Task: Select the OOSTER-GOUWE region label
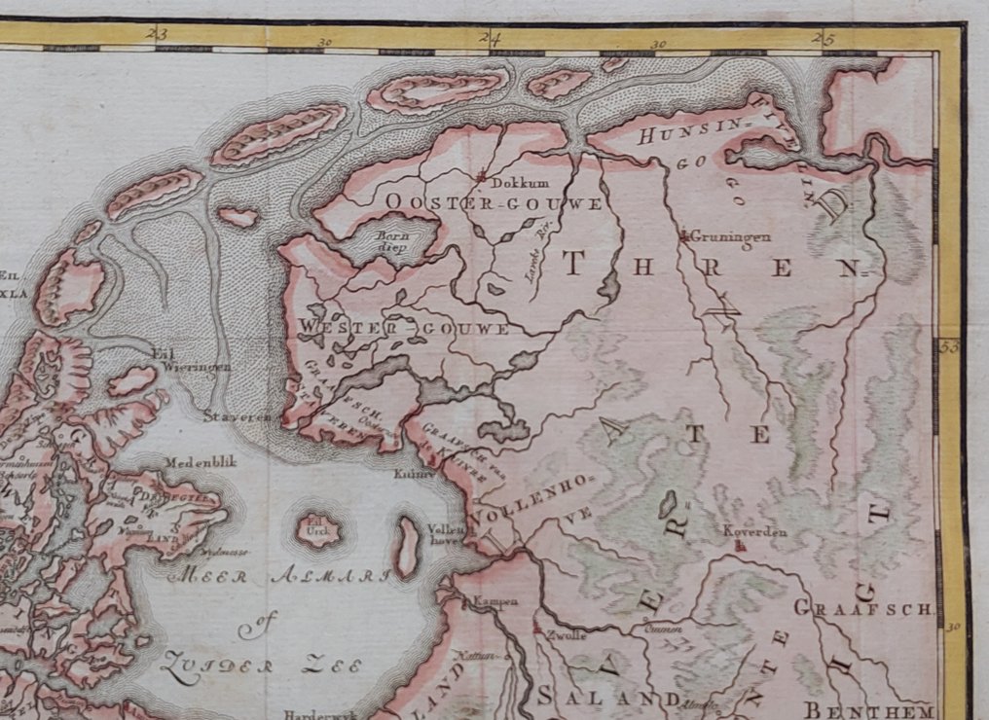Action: pyautogui.click(x=494, y=202)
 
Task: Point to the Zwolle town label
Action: pyautogui.click(x=567, y=634)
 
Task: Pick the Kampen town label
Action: pyautogui.click(x=495, y=601)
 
